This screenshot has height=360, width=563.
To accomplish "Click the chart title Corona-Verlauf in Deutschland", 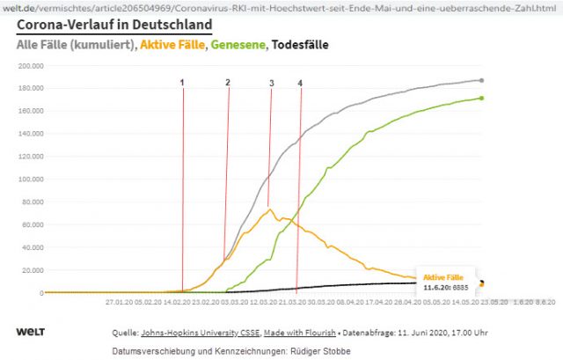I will (113, 25).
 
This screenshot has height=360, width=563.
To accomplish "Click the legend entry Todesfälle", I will (299, 43).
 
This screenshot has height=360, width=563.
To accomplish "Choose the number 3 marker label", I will (271, 84).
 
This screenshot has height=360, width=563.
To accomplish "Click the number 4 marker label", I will (300, 83).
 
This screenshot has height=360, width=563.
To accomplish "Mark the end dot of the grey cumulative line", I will (481, 80).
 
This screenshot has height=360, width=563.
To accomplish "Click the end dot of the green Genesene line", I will (481, 98).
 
